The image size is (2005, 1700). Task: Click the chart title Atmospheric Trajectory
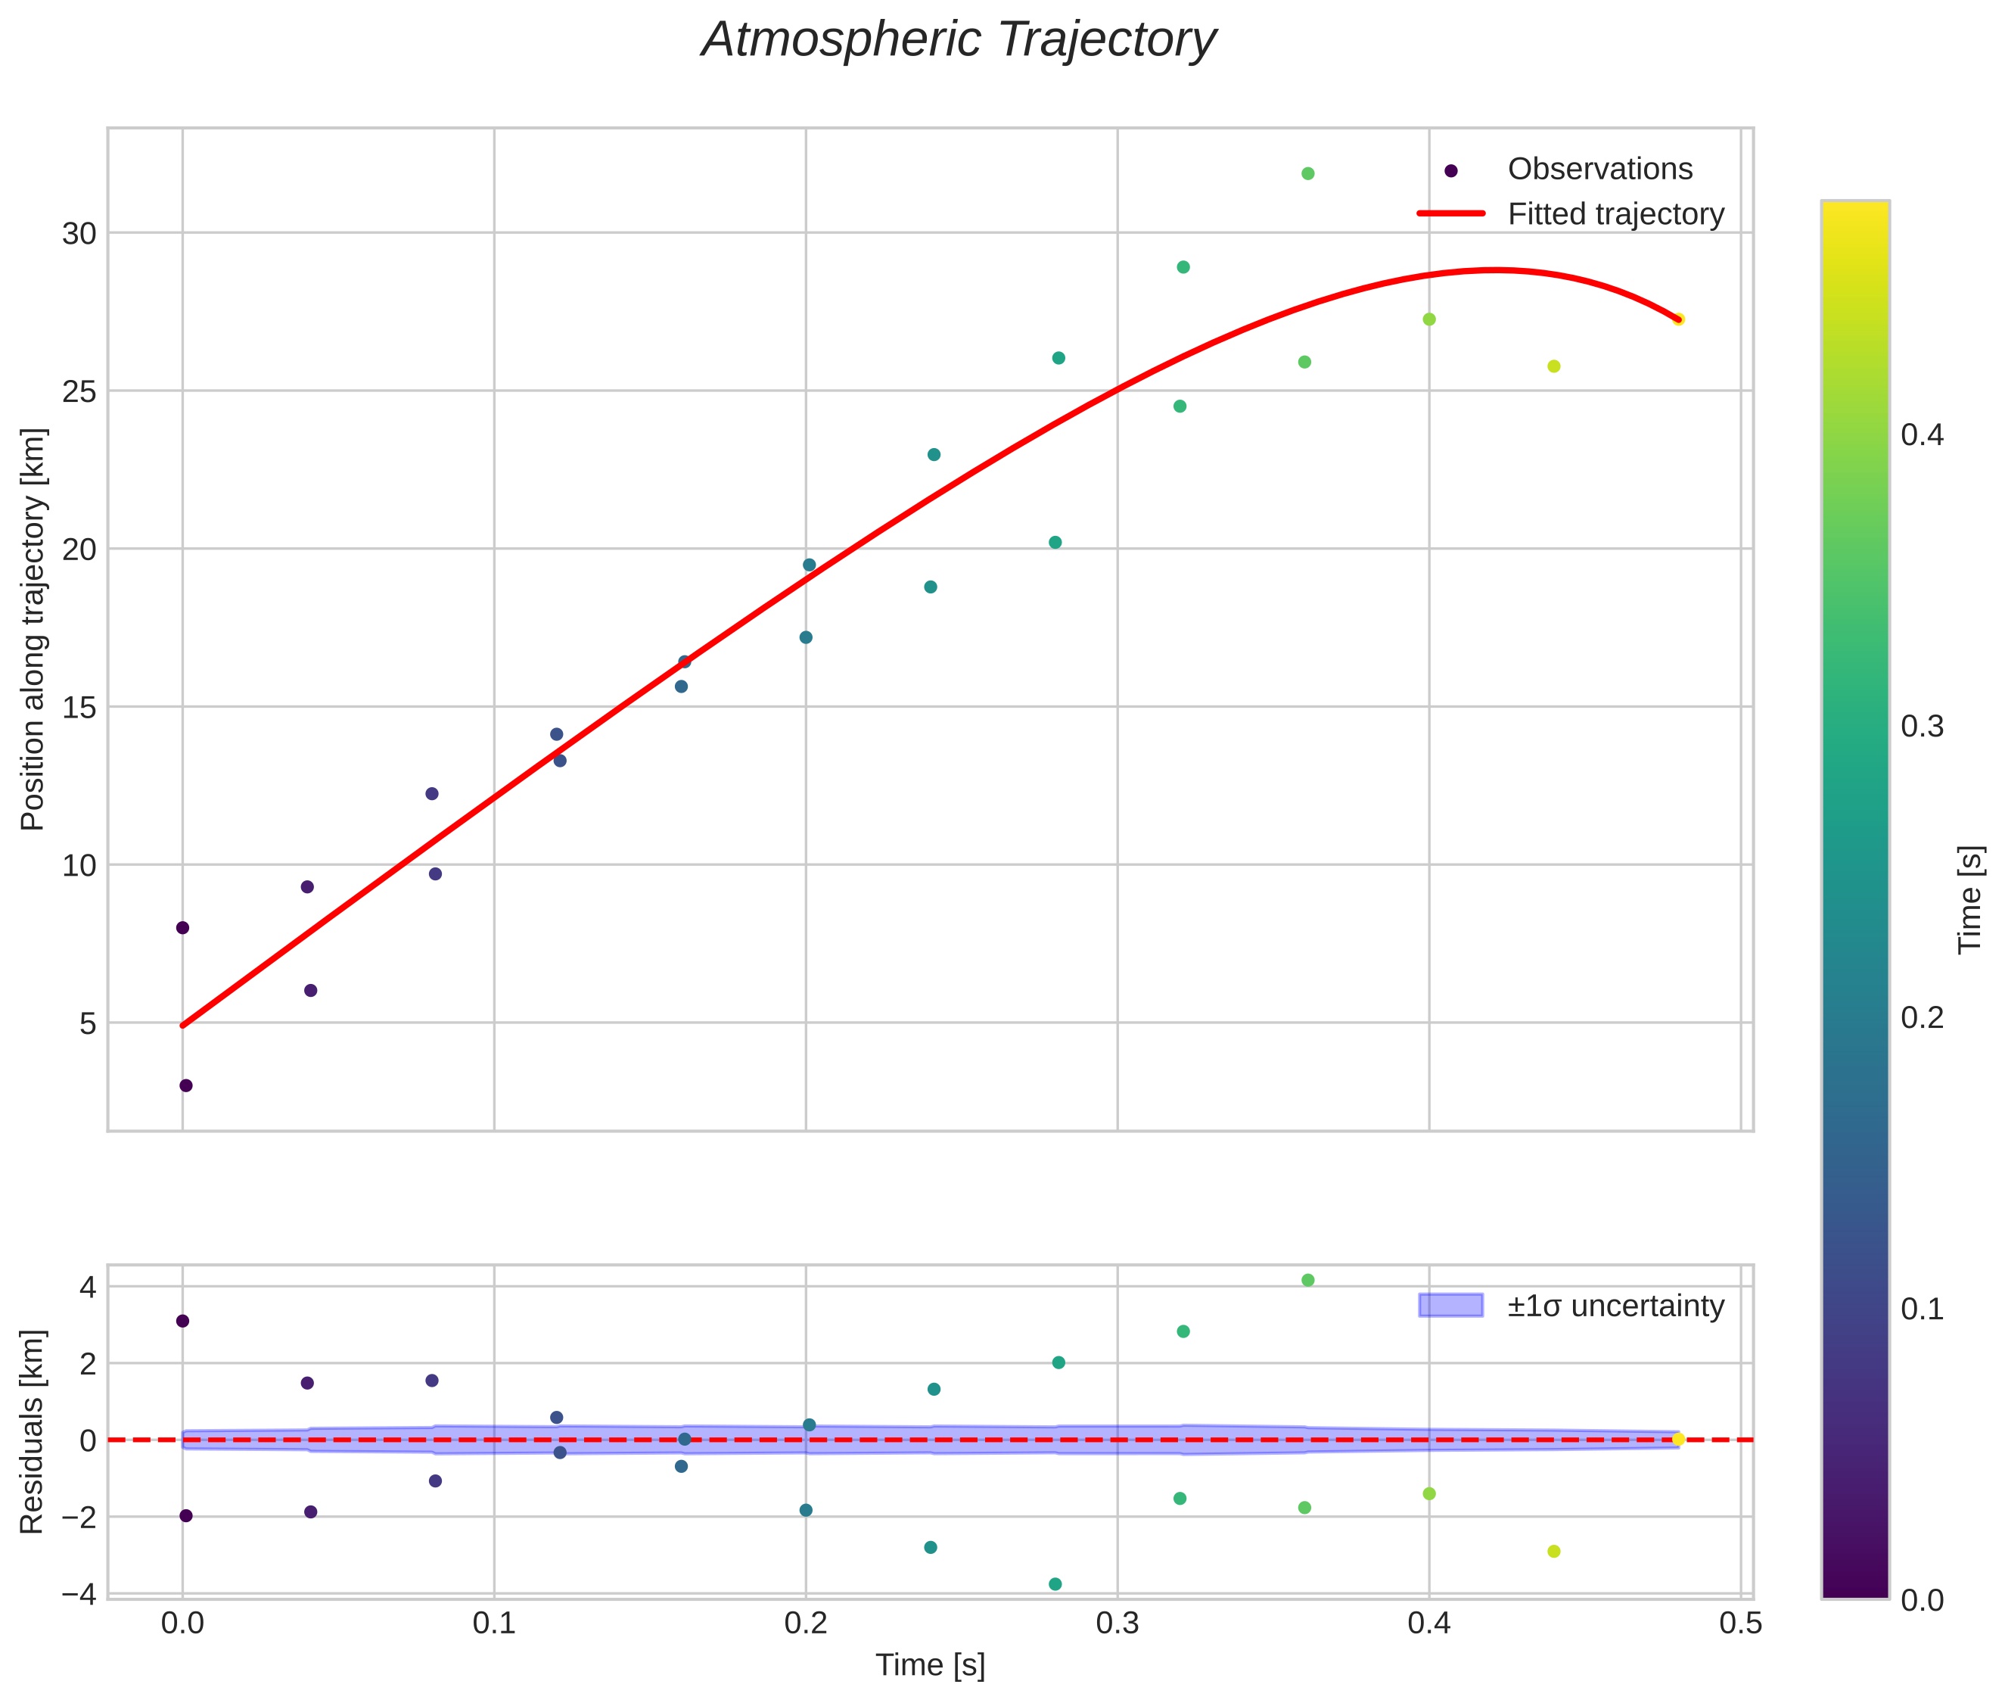click(x=959, y=40)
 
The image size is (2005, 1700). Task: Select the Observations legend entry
click(x=1599, y=169)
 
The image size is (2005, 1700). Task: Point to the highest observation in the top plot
click(x=1307, y=173)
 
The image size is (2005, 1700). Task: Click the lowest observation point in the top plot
click(x=186, y=1085)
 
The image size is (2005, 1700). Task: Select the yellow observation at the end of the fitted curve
click(x=1678, y=319)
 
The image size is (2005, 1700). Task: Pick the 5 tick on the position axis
click(x=88, y=1023)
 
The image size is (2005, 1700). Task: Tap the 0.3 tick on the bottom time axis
click(x=1118, y=1623)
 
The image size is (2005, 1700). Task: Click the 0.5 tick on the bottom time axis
click(x=1741, y=1623)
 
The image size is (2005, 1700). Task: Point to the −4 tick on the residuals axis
click(x=79, y=1594)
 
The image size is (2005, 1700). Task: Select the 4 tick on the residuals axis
click(x=88, y=1287)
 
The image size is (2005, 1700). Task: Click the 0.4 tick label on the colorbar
click(x=1922, y=434)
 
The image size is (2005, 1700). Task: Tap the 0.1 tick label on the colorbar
click(x=1922, y=1309)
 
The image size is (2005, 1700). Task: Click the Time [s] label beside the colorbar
click(x=1971, y=899)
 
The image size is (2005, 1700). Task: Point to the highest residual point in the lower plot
click(x=1307, y=1280)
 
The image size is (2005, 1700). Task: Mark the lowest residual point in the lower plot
click(x=1055, y=1584)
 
